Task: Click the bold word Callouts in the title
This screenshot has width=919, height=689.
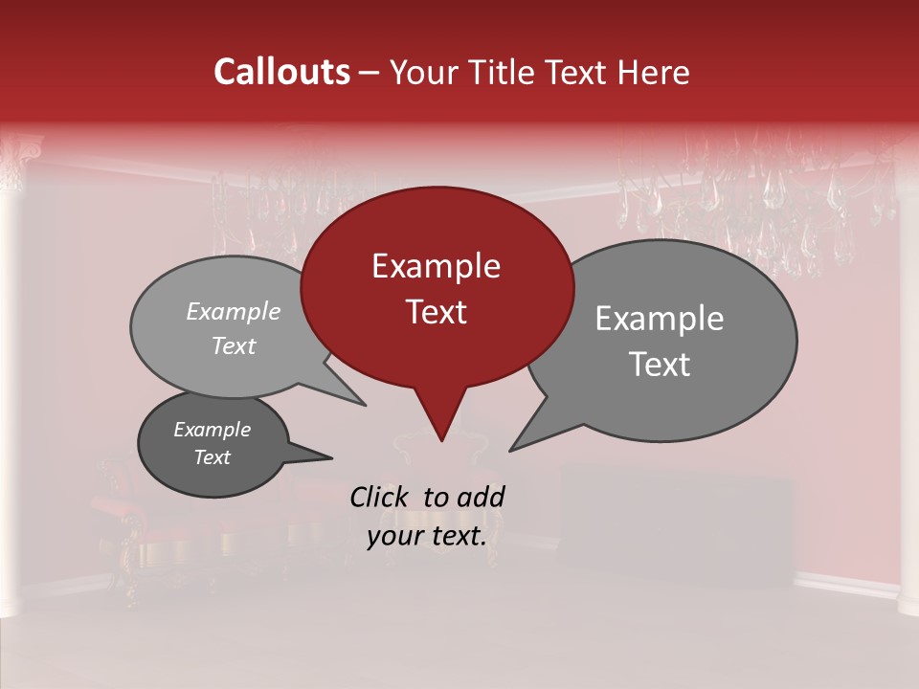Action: (281, 72)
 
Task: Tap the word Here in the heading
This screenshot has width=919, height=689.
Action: (655, 72)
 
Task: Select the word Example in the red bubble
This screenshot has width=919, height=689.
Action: (436, 266)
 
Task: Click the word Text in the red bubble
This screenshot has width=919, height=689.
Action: (436, 312)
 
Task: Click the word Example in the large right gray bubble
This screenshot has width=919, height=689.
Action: (659, 319)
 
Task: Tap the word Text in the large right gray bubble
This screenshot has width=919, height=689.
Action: (659, 365)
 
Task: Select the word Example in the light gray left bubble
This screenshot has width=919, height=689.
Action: (234, 312)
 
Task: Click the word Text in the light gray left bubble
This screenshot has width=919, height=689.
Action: (234, 345)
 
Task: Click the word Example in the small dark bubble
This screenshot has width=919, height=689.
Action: (212, 430)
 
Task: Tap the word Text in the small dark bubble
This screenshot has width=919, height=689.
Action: (212, 457)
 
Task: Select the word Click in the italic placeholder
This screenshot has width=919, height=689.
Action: (380, 497)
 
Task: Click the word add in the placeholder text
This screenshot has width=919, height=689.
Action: (481, 497)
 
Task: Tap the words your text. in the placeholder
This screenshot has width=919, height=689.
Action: (427, 536)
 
